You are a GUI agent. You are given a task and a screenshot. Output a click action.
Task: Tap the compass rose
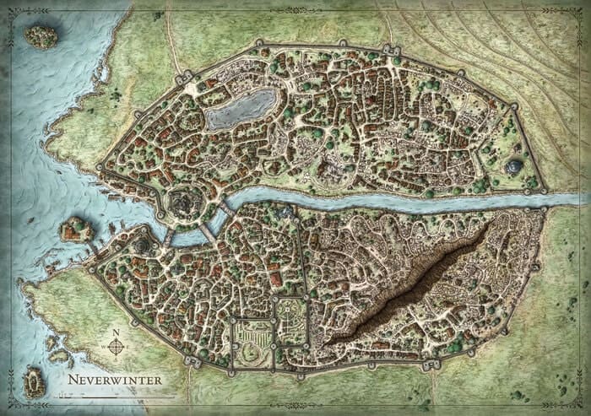click(x=116, y=346)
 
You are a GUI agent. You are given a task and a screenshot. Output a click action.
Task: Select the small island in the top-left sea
click(x=40, y=35)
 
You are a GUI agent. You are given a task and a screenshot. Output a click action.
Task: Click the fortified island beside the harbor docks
click(x=77, y=228)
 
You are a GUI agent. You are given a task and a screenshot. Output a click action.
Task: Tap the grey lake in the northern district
click(x=241, y=109)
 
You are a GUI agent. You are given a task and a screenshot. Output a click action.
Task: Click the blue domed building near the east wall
click(x=514, y=167)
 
